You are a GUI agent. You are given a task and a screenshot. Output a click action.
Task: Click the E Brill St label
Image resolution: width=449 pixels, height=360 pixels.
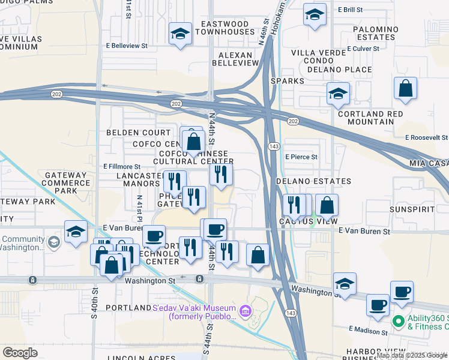point(354,10)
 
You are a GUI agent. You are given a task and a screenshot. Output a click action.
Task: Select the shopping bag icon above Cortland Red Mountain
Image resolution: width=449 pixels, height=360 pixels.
point(406,89)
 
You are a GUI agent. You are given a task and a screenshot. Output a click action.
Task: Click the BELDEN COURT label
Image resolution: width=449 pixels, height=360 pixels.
point(139,132)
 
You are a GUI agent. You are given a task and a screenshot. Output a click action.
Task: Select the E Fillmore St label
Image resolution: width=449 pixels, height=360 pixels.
point(122,166)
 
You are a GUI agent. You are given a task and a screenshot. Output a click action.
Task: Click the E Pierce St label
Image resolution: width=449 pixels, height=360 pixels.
point(301,157)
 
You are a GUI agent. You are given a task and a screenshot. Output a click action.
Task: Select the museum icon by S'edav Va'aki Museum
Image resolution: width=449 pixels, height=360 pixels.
point(244,311)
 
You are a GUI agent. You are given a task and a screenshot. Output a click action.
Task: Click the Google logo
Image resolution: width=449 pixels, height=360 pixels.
point(20,352)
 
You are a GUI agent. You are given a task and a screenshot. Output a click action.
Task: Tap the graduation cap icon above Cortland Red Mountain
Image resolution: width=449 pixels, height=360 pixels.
point(339,94)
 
